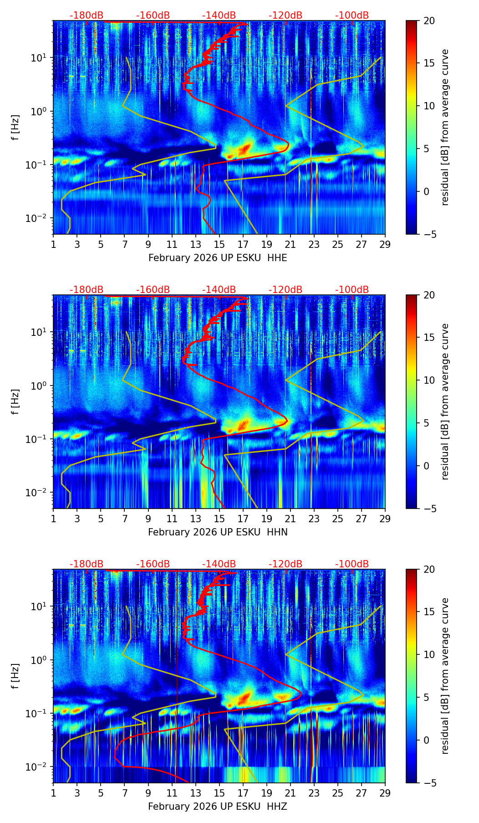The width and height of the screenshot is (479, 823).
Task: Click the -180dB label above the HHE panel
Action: click(87, 15)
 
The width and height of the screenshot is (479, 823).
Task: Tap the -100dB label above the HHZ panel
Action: click(352, 564)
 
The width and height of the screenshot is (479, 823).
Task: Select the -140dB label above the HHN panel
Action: click(219, 290)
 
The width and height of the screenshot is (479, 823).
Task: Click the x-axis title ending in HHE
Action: click(218, 258)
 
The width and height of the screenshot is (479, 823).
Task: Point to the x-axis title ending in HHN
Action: click(218, 532)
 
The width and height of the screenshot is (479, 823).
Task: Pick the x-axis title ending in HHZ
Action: click(218, 807)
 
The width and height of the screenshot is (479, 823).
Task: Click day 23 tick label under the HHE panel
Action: click(314, 244)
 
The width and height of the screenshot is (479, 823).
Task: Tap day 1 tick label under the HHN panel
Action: click(53, 519)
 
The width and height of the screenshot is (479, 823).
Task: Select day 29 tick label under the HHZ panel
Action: click(385, 793)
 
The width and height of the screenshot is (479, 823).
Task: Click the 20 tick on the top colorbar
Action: click(428, 21)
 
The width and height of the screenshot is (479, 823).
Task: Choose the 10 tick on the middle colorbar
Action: click(428, 380)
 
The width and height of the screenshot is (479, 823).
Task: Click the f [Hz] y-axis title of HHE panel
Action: click(15, 127)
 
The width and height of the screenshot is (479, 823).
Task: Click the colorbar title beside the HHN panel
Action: click(445, 401)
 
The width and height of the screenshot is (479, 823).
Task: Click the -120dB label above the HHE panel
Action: click(285, 15)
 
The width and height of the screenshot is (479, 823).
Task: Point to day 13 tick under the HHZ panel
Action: click(195, 793)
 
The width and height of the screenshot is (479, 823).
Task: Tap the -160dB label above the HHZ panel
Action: click(153, 564)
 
